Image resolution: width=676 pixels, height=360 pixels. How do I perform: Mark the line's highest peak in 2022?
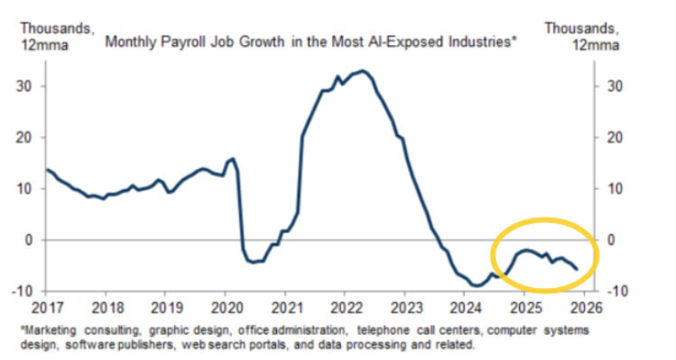tap(362, 70)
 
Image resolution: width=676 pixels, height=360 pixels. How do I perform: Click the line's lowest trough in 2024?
tap(477, 285)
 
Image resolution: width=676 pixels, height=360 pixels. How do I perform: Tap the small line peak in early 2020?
tap(233, 159)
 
